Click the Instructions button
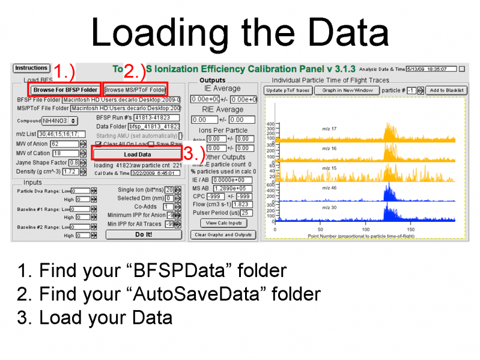[x=31, y=69]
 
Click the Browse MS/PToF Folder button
[x=135, y=90]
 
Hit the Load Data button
[x=137, y=154]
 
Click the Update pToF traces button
[x=287, y=90]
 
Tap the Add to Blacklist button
[x=446, y=90]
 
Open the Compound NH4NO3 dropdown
[x=59, y=121]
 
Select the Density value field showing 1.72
[x=70, y=171]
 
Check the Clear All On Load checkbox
[x=99, y=144]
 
